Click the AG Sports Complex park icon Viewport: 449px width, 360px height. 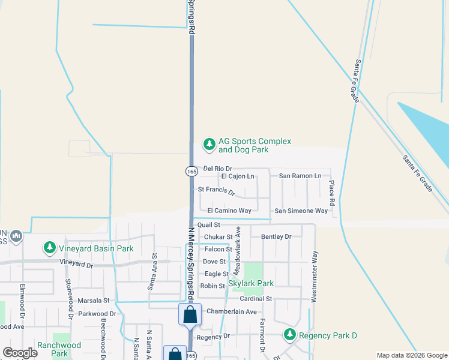pos(209,144)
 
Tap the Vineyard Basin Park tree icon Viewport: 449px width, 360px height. pos(49,248)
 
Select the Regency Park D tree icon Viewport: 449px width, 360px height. pos(290,334)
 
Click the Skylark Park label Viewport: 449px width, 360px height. pos(251,283)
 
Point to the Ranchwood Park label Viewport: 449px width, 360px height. pos(59,349)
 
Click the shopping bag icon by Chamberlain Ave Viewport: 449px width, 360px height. pos(190,314)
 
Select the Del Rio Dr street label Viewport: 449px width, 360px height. pos(217,169)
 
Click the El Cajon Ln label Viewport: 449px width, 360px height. pos(238,176)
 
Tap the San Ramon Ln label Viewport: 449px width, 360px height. pos(300,176)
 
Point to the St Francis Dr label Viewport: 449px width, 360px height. pos(216,190)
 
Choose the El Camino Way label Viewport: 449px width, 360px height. pos(229,211)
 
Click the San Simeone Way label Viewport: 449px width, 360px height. pos(301,211)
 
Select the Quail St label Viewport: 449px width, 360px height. pos(209,224)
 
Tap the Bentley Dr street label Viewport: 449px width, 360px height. pos(276,236)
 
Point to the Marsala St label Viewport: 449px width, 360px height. pos(93,300)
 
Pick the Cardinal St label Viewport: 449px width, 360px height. pos(256,298)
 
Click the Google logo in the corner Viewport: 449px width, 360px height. pos(20,353)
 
